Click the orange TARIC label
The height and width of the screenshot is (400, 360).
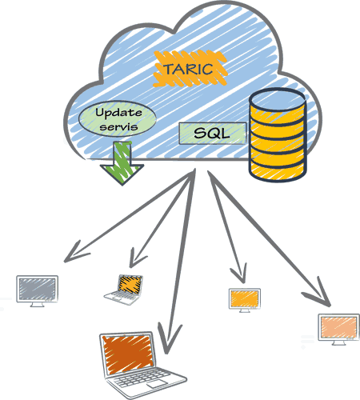190,69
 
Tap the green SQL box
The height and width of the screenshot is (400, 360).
212,134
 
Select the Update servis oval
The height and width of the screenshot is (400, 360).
118,118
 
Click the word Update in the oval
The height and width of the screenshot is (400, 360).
118,113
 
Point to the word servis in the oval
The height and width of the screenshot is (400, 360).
118,126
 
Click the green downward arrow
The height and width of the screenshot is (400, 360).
122,163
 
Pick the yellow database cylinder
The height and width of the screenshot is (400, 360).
278,134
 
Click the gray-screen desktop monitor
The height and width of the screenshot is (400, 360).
38,291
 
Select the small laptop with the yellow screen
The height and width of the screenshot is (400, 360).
124,290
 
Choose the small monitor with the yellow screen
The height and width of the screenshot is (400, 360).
245,300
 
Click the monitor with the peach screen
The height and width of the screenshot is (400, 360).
338,329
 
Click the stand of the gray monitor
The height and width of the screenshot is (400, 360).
37,305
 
